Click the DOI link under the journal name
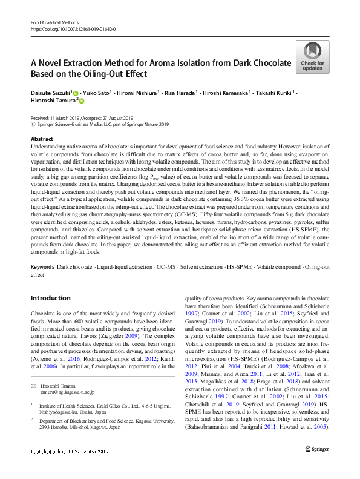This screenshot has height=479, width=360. (x=73, y=29)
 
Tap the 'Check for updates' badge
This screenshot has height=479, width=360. (x=312, y=58)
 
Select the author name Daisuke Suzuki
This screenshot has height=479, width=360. (x=50, y=93)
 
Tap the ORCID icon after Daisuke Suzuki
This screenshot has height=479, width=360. (x=76, y=93)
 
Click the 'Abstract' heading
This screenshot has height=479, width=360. (x=42, y=139)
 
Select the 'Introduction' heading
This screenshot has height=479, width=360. (x=50, y=298)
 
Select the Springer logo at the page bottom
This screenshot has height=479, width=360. (x=317, y=465)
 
